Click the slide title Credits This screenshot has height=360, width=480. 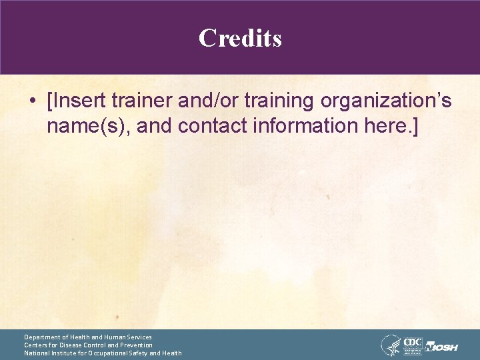click(x=240, y=38)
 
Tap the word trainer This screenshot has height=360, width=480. click(x=146, y=101)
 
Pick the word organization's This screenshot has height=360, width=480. click(x=386, y=102)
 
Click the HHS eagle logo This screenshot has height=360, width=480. click(x=391, y=345)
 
